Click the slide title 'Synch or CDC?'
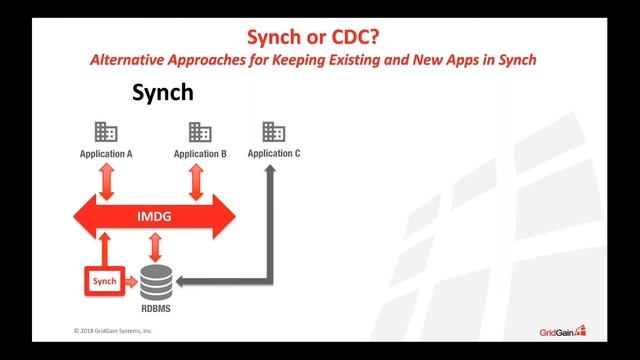(319, 37)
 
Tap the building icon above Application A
(106, 132)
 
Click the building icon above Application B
(200, 132)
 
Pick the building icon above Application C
(273, 131)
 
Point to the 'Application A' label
(107, 154)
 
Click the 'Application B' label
(200, 154)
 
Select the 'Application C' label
(274, 153)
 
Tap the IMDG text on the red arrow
(154, 215)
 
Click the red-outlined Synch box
(104, 282)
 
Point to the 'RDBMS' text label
(155, 310)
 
